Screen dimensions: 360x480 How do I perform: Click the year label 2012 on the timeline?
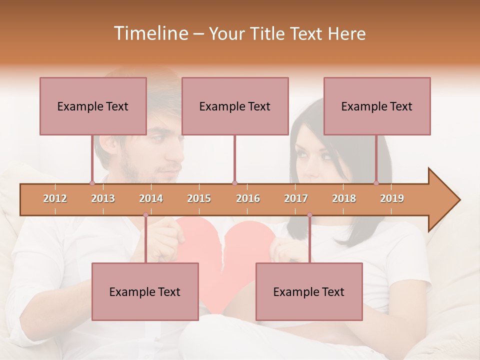coord(55,199)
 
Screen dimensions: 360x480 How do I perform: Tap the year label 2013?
coord(103,199)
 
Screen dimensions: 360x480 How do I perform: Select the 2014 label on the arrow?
coord(151,199)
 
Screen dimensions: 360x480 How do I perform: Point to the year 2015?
coord(199,199)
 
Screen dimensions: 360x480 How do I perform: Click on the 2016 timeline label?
coord(248,199)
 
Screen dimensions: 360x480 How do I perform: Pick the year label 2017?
coord(296,199)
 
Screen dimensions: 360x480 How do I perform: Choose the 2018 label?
coord(344,199)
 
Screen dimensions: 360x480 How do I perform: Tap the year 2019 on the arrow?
coord(392,199)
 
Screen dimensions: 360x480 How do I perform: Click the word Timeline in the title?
coord(150,33)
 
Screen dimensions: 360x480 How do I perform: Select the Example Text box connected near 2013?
coord(93,106)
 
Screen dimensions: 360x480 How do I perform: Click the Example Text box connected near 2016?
coord(235,106)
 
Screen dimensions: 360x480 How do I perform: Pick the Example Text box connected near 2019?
coord(377,106)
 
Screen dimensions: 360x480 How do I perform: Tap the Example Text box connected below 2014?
coord(145,291)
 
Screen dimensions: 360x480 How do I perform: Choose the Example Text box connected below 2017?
coord(309,291)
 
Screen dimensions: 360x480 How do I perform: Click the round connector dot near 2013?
coord(92,183)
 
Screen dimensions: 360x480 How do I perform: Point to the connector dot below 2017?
coord(309,215)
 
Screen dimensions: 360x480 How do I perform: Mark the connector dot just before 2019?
coord(376,183)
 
